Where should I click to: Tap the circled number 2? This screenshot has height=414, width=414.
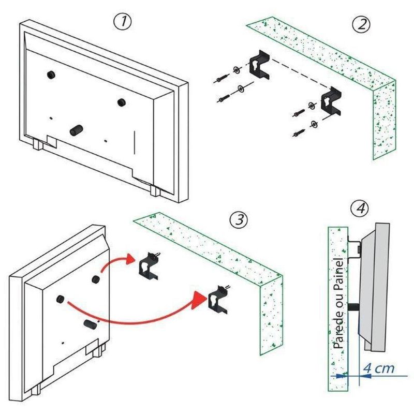(x=361, y=25)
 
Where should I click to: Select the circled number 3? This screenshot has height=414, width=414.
(x=239, y=219)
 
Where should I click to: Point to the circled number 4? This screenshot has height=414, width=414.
(x=360, y=209)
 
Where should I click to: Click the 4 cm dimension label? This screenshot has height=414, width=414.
(x=379, y=368)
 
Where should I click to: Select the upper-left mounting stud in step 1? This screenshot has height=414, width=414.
(x=52, y=75)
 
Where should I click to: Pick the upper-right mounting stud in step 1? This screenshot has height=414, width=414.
(x=121, y=101)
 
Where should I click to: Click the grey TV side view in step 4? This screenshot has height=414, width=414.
(x=374, y=285)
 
